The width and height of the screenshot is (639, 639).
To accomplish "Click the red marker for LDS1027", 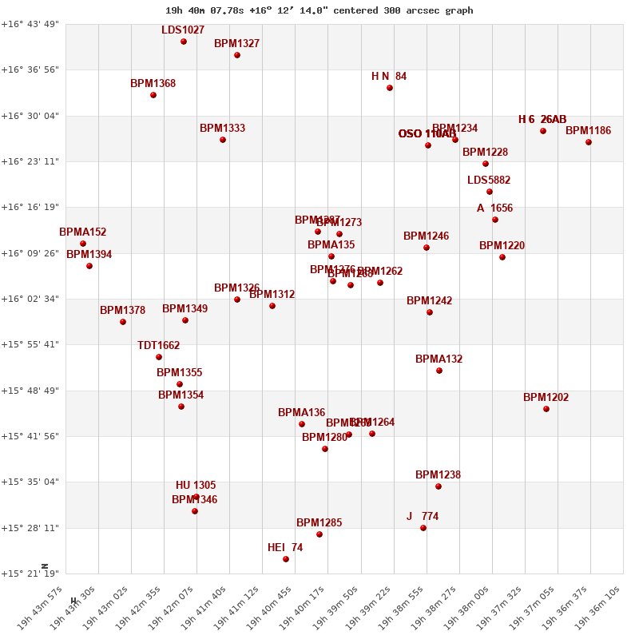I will click(184, 42).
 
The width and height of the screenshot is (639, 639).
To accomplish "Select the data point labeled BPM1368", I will click(153, 95).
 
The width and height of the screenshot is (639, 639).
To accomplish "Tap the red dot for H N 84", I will click(390, 88).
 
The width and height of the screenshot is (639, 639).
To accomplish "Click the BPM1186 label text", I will click(588, 131).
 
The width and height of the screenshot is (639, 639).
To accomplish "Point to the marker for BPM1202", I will click(546, 409).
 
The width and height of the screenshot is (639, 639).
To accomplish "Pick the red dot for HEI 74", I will click(286, 559).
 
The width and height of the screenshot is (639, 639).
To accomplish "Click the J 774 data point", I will click(423, 528).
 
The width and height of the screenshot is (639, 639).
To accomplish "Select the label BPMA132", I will click(439, 359).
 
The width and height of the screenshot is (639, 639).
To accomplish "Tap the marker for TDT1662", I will click(159, 357).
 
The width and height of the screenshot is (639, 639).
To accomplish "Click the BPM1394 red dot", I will click(89, 266).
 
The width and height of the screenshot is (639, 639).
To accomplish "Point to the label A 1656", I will click(494, 208).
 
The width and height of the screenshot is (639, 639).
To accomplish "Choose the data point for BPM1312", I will click(272, 306).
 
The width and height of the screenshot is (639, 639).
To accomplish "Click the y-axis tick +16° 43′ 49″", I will click(30, 24).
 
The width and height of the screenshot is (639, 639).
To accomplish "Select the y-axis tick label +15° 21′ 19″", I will click(30, 574).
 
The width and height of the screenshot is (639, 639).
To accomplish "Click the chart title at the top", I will click(319, 10).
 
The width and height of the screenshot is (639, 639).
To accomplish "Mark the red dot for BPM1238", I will click(439, 486).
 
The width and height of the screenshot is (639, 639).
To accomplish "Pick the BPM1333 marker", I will click(223, 140).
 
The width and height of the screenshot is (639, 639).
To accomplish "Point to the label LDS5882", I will click(489, 181).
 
